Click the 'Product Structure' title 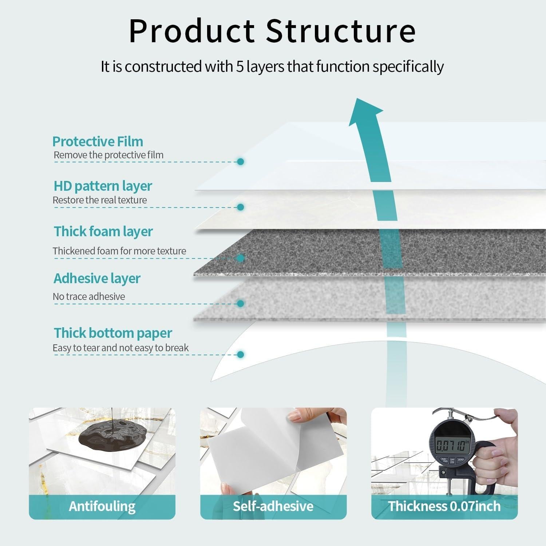(272, 31)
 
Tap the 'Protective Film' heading (98, 141)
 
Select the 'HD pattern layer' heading (103, 186)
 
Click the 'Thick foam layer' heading (103, 232)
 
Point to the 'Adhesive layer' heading (97, 278)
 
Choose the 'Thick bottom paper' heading (113, 333)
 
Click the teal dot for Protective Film (240, 161)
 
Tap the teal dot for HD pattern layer (240, 207)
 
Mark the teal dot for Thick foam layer (240, 258)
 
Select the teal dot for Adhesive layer (240, 303)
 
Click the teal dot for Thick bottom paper (240, 354)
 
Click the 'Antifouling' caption (102, 506)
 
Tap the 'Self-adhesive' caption (273, 506)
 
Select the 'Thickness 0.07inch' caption (444, 506)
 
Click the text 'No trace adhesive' (89, 297)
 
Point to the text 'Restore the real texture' (100, 200)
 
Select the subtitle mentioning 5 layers (272, 67)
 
